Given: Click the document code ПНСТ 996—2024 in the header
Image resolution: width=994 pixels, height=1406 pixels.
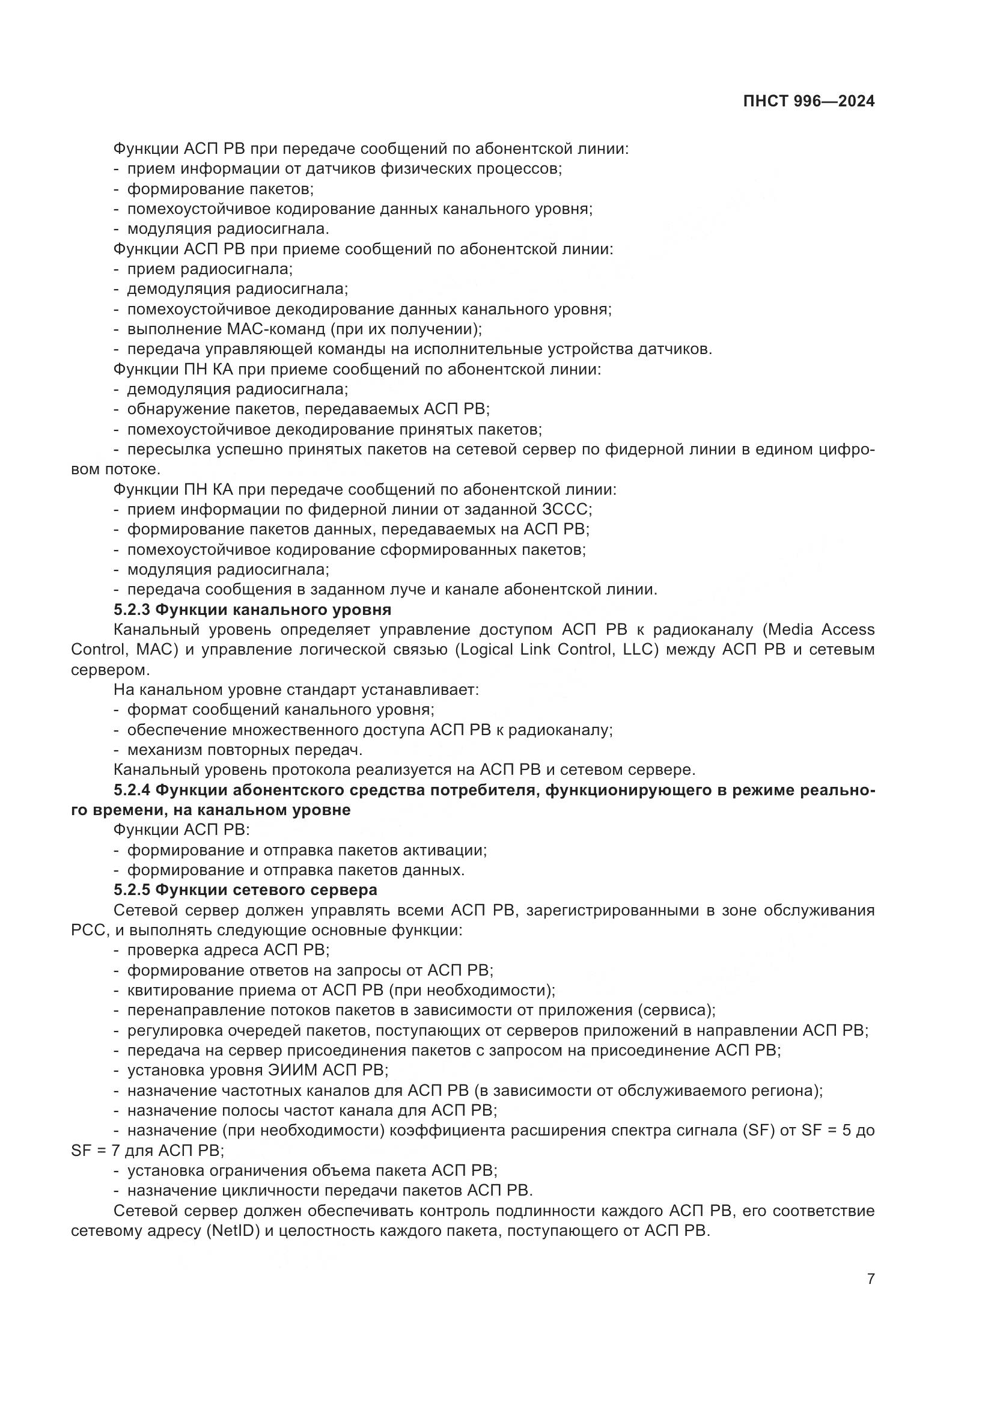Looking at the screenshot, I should (x=808, y=102).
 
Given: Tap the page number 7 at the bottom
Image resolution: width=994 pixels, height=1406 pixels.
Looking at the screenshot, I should (x=870, y=1279).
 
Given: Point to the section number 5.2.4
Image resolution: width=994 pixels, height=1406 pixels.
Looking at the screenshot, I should (x=132, y=790).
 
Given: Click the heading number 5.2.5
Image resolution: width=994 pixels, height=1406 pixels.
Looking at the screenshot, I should (x=132, y=889).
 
